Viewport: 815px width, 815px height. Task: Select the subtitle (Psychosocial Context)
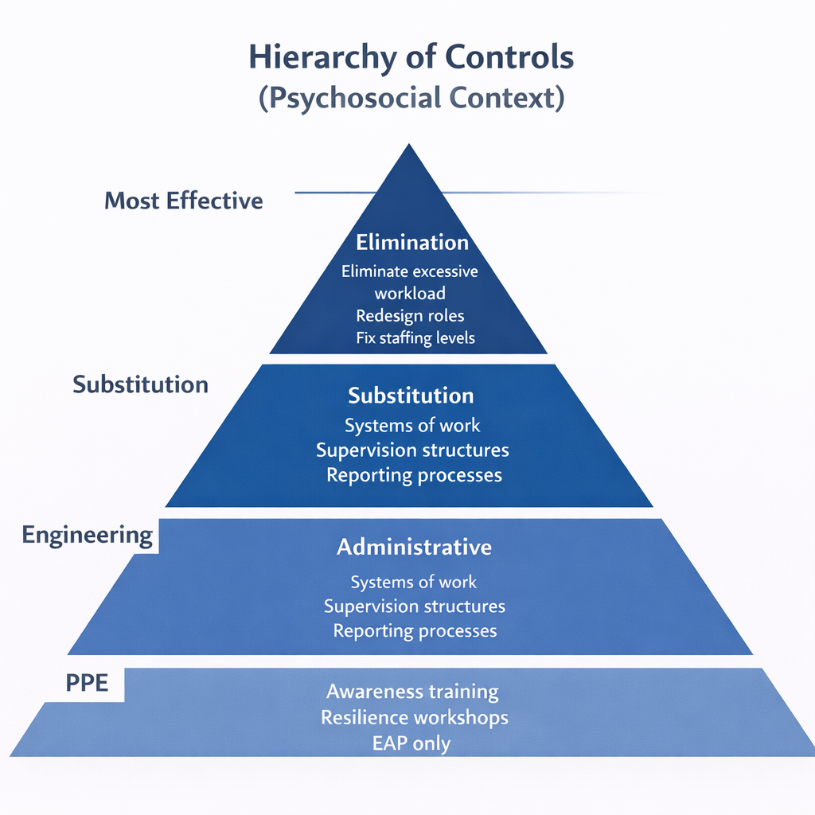(x=411, y=99)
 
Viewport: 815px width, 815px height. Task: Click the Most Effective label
(x=184, y=201)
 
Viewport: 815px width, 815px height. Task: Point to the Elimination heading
(x=412, y=243)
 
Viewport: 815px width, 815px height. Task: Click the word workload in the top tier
(x=410, y=294)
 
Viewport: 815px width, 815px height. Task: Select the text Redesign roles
(x=410, y=316)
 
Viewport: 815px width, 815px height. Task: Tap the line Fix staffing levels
(x=415, y=338)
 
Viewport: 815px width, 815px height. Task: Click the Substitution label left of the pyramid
(x=140, y=385)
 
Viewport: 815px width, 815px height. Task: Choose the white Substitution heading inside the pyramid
(x=411, y=396)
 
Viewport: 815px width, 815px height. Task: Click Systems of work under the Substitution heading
(x=412, y=426)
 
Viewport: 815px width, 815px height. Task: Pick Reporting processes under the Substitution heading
(x=414, y=475)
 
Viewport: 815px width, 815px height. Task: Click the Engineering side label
(x=88, y=535)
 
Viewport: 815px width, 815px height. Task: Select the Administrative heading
(x=414, y=548)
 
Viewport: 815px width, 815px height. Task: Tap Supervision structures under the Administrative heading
(x=414, y=606)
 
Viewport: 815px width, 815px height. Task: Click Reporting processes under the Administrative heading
(x=415, y=631)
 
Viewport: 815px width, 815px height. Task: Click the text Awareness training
(x=412, y=692)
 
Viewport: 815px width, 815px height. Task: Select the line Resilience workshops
(x=414, y=718)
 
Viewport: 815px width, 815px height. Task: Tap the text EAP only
(x=411, y=744)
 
